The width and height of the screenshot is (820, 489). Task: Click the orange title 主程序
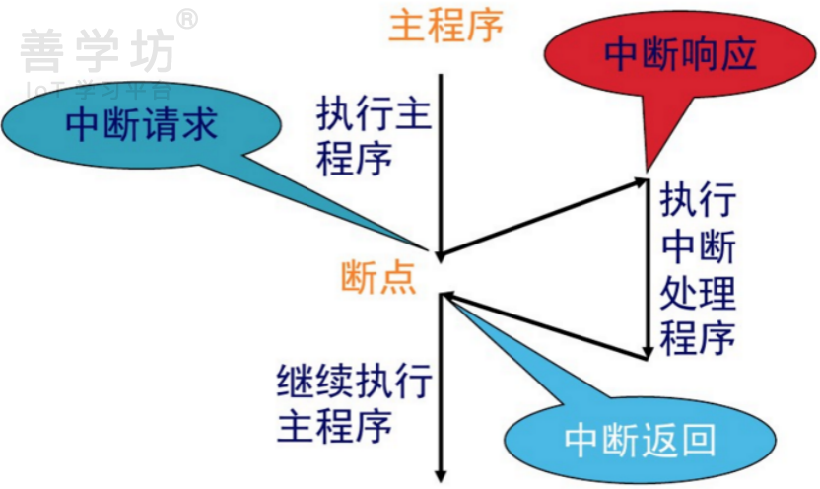(445, 27)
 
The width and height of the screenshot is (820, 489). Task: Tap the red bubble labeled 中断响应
(680, 56)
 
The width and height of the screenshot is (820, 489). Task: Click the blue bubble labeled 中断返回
(640, 441)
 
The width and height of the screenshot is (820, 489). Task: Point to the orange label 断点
(377, 277)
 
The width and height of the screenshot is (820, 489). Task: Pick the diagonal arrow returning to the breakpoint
(542, 324)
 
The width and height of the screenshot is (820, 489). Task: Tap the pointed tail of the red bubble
(649, 163)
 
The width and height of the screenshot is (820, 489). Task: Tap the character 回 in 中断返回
(696, 441)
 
